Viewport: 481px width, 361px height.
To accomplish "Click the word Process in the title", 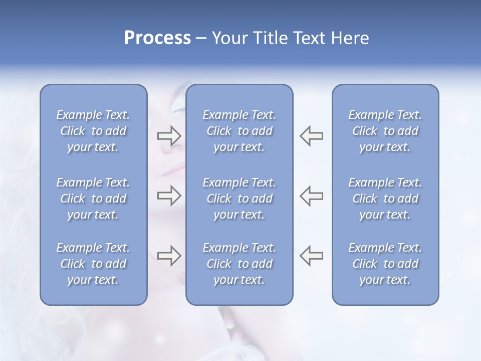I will (157, 38).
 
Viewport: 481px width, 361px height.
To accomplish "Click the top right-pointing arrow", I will (169, 135).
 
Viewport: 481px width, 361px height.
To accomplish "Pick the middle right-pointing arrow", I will (169, 196).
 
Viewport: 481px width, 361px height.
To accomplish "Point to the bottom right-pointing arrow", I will (169, 256).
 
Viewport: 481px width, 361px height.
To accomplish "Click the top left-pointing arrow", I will (312, 135).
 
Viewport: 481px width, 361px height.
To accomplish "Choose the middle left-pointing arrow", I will (312, 196).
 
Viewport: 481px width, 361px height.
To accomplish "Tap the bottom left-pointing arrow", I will (312, 256).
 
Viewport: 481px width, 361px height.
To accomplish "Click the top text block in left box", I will (93, 131).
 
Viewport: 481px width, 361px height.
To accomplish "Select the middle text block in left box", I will (93, 199).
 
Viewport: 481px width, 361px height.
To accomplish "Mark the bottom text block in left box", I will (93, 264).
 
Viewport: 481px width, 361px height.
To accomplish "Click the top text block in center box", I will (239, 131).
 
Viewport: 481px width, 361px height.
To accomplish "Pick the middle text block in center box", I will (239, 199).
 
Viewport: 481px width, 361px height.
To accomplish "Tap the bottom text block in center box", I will (239, 264).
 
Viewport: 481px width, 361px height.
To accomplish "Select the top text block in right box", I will (385, 131).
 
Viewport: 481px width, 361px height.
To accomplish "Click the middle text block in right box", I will (385, 199).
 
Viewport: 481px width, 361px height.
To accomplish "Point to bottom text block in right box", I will (385, 264).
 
